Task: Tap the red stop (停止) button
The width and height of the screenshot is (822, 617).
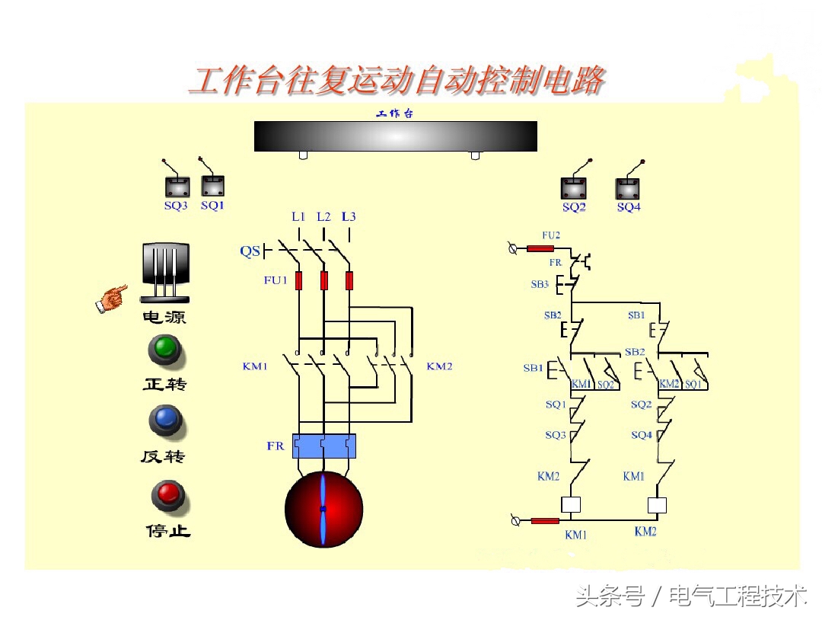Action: pyautogui.click(x=167, y=495)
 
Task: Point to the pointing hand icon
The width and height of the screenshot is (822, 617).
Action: pyautogui.click(x=112, y=298)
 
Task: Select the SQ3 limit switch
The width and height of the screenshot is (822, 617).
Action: pyautogui.click(x=177, y=186)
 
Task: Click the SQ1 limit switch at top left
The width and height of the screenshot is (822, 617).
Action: pyautogui.click(x=212, y=185)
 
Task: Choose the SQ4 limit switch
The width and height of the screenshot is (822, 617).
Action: pyautogui.click(x=628, y=188)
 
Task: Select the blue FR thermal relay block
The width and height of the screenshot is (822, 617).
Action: pyautogui.click(x=323, y=446)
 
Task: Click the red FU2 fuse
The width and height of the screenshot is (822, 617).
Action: pyautogui.click(x=540, y=248)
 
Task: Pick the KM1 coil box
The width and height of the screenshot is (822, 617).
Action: pyautogui.click(x=571, y=504)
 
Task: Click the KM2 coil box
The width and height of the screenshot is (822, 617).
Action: pyautogui.click(x=656, y=505)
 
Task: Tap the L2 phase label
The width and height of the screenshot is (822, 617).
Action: pyautogui.click(x=323, y=217)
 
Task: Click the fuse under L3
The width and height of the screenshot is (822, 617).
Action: pyautogui.click(x=349, y=280)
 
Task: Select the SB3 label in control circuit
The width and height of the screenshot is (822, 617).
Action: pyautogui.click(x=540, y=284)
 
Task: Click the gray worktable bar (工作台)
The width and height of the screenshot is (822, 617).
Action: pyautogui.click(x=395, y=136)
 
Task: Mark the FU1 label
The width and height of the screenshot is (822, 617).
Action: pyautogui.click(x=276, y=280)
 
